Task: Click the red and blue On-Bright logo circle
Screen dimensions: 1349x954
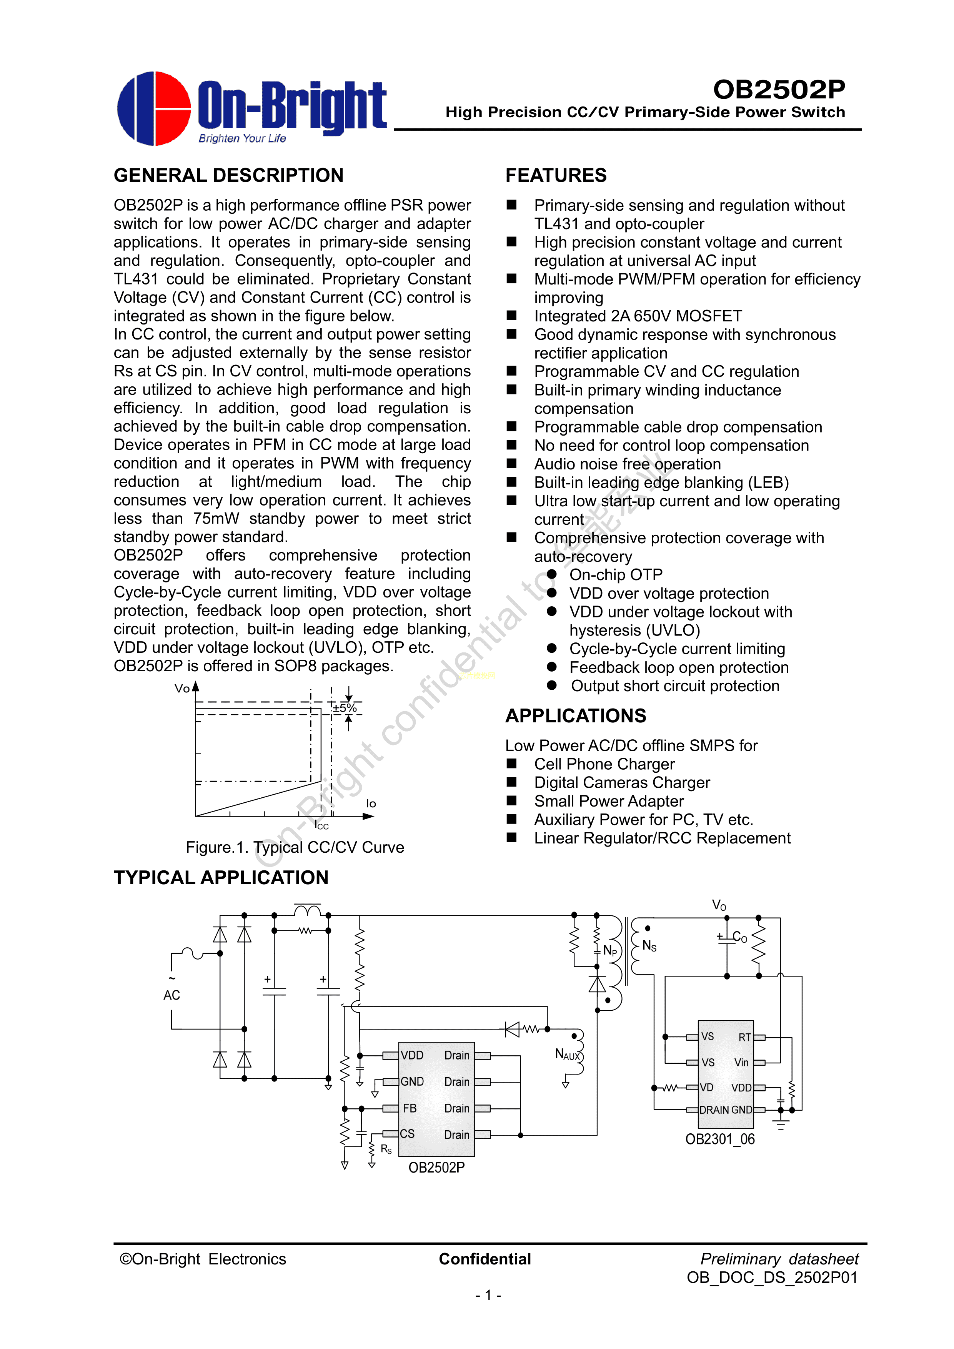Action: pos(154,109)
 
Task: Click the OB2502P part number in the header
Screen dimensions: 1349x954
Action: pos(778,90)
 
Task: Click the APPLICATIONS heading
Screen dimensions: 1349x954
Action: pos(576,715)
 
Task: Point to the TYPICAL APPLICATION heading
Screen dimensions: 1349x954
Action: pos(221,877)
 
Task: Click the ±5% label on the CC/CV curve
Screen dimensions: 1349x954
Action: pos(345,708)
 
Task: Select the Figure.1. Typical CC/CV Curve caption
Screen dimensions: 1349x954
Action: pos(295,847)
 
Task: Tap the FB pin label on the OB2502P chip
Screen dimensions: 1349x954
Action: pos(409,1108)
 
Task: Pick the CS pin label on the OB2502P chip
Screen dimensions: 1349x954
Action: pos(407,1134)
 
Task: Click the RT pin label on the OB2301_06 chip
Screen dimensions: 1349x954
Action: pos(744,1038)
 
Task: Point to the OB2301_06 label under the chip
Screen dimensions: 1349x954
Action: pos(719,1139)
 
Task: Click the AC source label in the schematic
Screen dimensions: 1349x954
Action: pos(171,995)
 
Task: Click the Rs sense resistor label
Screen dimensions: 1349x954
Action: pos(386,1149)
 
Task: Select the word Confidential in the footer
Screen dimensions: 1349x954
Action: pos(485,1259)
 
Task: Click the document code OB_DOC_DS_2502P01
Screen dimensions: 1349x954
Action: pos(772,1277)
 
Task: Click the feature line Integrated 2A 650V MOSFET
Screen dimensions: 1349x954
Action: pos(638,316)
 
